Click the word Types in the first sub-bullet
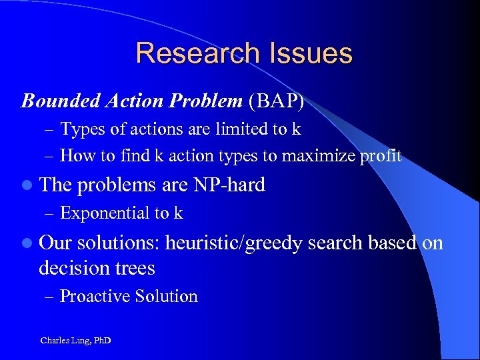click(79, 129)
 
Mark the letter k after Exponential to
click(178, 213)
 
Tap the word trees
click(134, 268)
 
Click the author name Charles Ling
click(63, 341)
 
